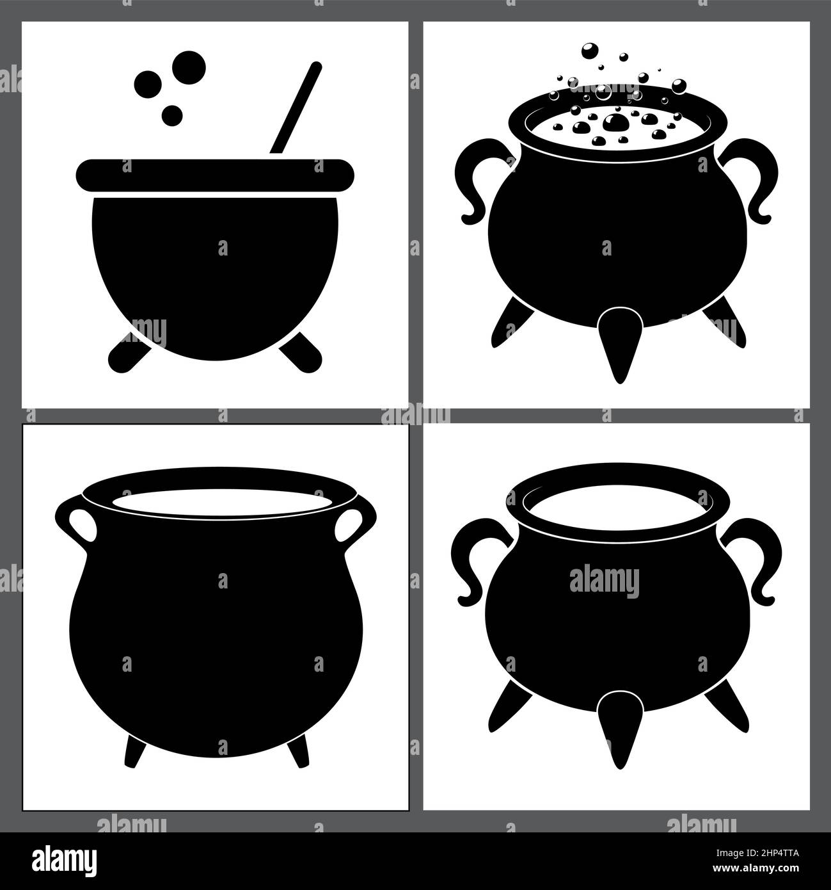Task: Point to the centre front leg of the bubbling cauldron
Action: (x=618, y=339)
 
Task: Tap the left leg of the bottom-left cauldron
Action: (x=136, y=749)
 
